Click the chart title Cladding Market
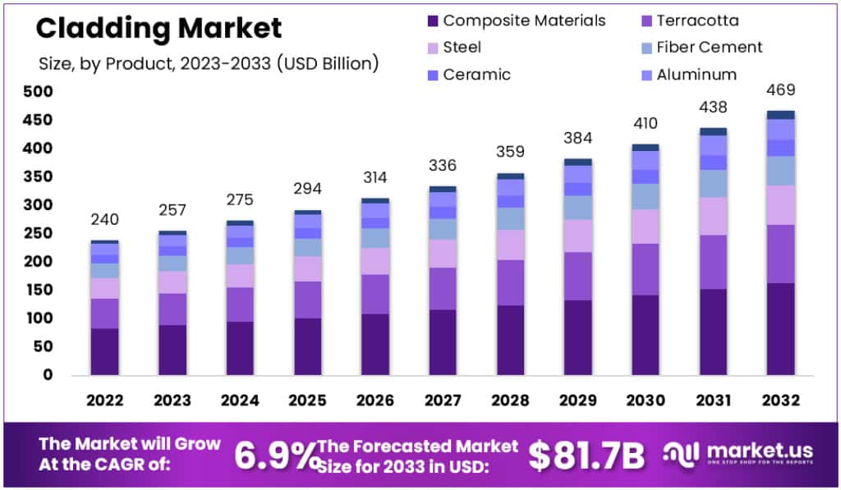(159, 29)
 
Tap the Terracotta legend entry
(697, 21)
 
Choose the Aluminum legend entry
(696, 75)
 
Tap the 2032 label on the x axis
(780, 400)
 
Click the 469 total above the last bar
(780, 89)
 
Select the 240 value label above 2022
(104, 219)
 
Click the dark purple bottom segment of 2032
(780, 328)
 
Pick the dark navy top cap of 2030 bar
(646, 147)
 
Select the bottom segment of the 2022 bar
(104, 351)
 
